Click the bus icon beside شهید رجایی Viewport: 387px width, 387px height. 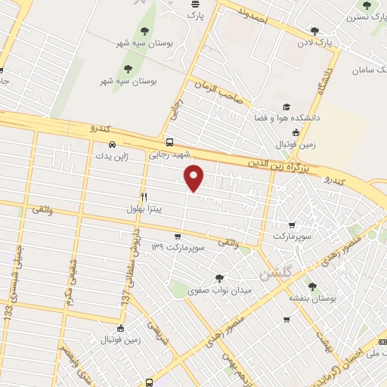[x=169, y=142]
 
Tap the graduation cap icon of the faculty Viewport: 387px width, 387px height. [x=286, y=107]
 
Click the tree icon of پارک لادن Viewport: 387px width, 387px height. [x=314, y=31]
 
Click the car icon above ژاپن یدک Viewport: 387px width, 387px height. [x=112, y=144]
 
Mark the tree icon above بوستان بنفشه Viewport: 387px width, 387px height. [x=312, y=286]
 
